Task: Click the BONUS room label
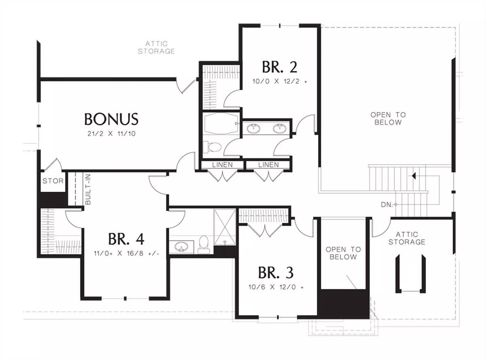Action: (111, 119)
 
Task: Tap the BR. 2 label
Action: (279, 67)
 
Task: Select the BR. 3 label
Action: (276, 273)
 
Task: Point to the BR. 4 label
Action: (126, 239)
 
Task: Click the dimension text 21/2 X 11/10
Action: (111, 134)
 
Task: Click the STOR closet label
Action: (53, 181)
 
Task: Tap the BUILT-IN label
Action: (87, 189)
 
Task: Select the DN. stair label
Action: (387, 205)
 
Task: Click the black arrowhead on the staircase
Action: (414, 176)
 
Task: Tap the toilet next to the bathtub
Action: (212, 147)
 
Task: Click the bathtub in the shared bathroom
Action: (221, 123)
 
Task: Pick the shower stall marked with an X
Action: (225, 227)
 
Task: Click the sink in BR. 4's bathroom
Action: (181, 247)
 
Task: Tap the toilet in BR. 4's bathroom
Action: (204, 245)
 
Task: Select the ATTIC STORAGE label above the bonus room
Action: (156, 47)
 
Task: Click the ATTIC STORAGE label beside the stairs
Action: (407, 238)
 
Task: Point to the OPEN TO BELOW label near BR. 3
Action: (343, 253)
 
